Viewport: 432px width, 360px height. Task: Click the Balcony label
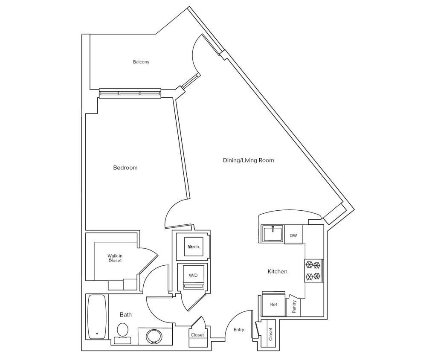(x=141, y=62)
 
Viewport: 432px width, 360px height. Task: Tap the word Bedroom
(x=125, y=168)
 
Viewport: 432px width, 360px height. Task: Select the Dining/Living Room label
(x=248, y=160)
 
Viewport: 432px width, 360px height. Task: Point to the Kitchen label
(x=277, y=271)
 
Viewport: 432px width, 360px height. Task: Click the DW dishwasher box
(x=293, y=235)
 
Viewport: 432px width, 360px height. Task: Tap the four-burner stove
(x=313, y=271)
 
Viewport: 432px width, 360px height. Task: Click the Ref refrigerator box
(x=274, y=305)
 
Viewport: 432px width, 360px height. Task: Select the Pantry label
(x=294, y=307)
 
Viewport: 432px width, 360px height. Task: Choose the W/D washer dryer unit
(x=193, y=276)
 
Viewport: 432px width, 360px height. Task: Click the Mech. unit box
(x=194, y=247)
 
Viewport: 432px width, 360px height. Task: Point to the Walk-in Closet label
(x=115, y=258)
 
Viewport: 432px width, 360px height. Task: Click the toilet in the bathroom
(x=123, y=332)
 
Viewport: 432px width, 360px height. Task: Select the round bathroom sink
(x=154, y=336)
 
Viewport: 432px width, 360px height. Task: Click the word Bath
(x=125, y=315)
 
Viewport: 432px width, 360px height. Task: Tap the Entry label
(x=239, y=330)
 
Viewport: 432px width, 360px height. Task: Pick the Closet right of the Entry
(x=270, y=334)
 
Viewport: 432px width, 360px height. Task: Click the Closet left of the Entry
(x=197, y=335)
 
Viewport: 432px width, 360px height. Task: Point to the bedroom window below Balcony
(x=130, y=93)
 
